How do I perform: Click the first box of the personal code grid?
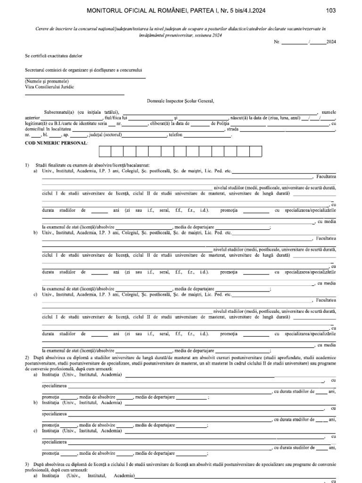click(105, 151)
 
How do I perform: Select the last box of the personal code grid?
click(255, 151)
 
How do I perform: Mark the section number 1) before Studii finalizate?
click(27, 166)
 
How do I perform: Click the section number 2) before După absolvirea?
click(27, 358)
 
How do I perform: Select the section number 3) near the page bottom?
click(27, 465)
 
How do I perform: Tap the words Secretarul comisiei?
click(42, 69)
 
